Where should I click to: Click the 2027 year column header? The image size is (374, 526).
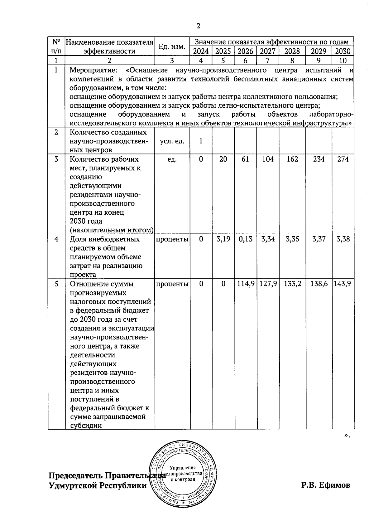268,51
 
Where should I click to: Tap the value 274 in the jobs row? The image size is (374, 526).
343,159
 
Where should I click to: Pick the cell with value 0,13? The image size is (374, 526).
245,239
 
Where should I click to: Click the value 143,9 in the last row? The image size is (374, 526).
343,284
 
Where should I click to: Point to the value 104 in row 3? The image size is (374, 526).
268,159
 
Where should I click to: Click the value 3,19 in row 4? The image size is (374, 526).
223,239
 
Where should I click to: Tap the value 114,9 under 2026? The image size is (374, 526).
245,284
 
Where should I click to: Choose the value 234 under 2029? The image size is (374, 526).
319,159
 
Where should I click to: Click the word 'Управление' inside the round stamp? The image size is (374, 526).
183,467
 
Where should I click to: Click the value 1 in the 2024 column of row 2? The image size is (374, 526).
201,141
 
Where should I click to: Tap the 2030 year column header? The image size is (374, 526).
343,51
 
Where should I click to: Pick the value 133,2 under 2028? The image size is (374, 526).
292,284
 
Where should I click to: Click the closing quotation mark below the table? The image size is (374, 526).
347,436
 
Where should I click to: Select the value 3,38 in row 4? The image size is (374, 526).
343,239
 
